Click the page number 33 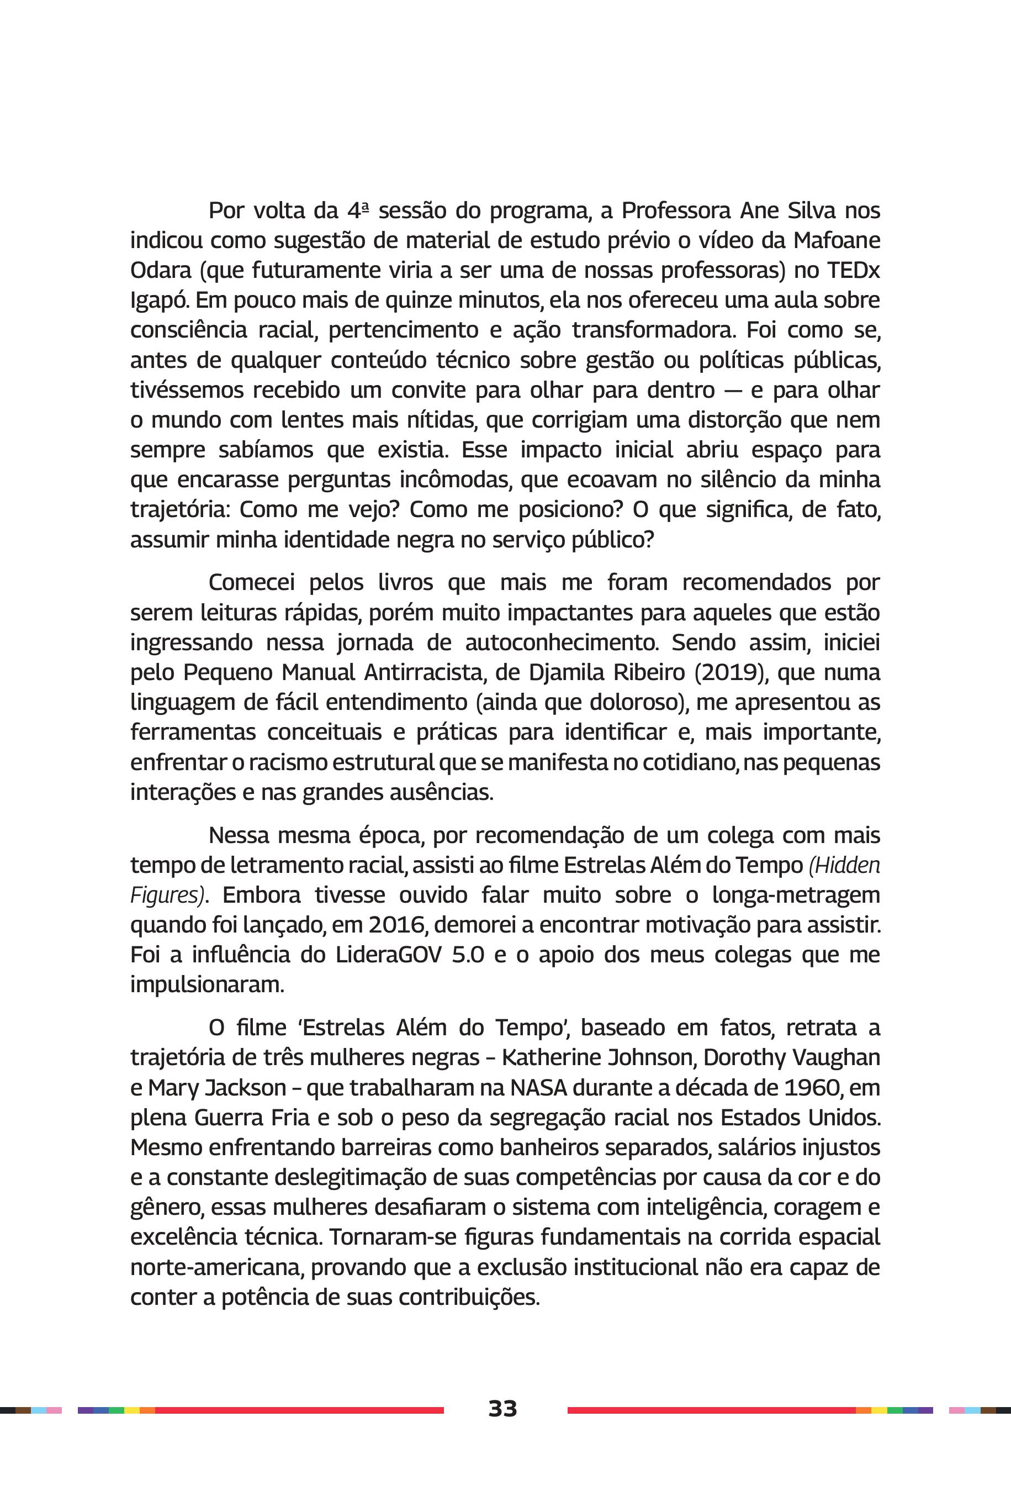(x=502, y=1408)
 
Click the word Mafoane (x=837, y=240)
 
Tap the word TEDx (x=853, y=270)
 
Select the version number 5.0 (x=468, y=955)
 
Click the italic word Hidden (x=845, y=865)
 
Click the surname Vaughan (x=838, y=1058)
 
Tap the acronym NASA (x=538, y=1088)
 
